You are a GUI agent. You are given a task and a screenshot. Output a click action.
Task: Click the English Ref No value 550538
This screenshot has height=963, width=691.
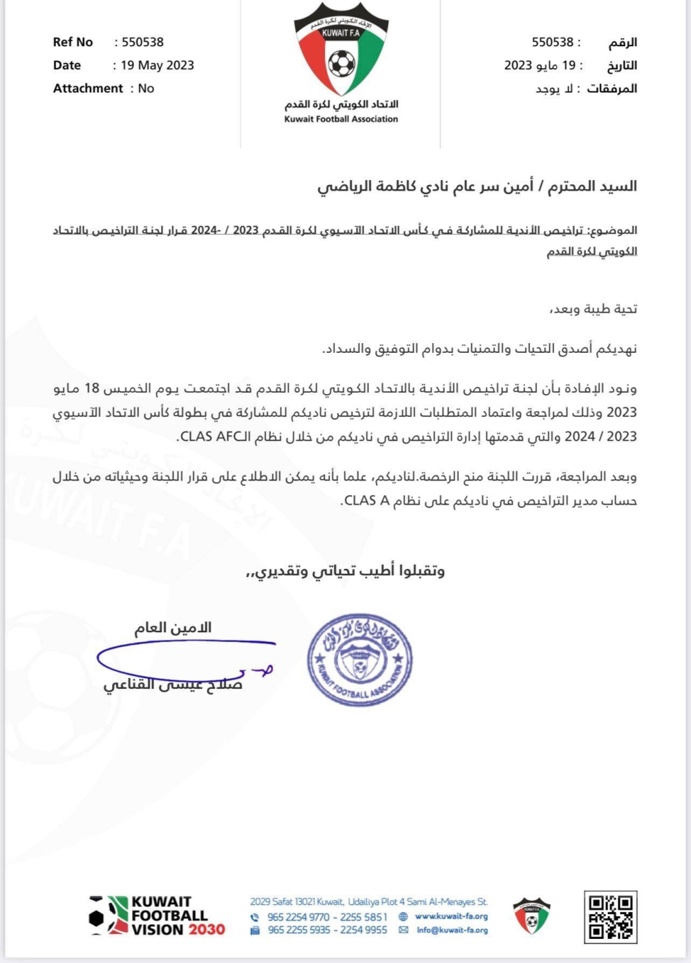tap(143, 42)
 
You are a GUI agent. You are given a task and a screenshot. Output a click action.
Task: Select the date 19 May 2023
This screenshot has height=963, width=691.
tap(158, 66)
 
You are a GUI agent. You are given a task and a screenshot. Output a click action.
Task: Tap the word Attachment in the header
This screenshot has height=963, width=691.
tap(88, 88)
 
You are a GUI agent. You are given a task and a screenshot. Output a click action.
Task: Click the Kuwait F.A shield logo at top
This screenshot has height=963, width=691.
tap(341, 49)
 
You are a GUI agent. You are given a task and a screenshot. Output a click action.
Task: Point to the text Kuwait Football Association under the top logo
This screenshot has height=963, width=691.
tap(341, 119)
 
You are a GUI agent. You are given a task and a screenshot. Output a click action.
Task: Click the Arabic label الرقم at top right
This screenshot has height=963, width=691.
tap(622, 43)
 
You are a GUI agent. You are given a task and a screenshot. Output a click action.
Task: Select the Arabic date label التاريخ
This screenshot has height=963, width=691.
tap(622, 66)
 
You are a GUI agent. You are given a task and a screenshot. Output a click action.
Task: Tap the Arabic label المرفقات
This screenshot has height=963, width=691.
tap(612, 89)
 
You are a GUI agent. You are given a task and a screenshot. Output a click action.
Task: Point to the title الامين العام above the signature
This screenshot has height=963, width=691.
tap(173, 628)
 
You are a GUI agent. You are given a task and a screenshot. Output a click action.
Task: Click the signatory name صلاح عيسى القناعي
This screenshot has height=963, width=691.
tap(173, 685)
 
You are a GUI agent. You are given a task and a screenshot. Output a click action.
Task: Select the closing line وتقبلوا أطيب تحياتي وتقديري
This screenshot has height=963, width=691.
tap(345, 572)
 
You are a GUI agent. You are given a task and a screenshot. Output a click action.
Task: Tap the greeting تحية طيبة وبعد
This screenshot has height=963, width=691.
tap(593, 309)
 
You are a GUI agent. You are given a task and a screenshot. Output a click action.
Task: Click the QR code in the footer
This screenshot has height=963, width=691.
tap(610, 917)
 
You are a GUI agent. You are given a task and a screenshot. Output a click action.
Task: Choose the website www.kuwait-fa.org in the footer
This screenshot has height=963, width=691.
tap(451, 917)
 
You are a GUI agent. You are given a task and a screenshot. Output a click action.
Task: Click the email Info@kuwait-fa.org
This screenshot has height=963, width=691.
tap(452, 931)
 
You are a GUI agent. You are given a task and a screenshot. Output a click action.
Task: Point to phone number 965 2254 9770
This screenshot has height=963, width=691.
tap(299, 917)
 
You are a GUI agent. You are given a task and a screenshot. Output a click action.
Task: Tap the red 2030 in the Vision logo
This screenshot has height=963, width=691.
tap(207, 930)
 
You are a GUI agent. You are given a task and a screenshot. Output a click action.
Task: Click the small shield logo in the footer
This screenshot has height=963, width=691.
tap(531, 916)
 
